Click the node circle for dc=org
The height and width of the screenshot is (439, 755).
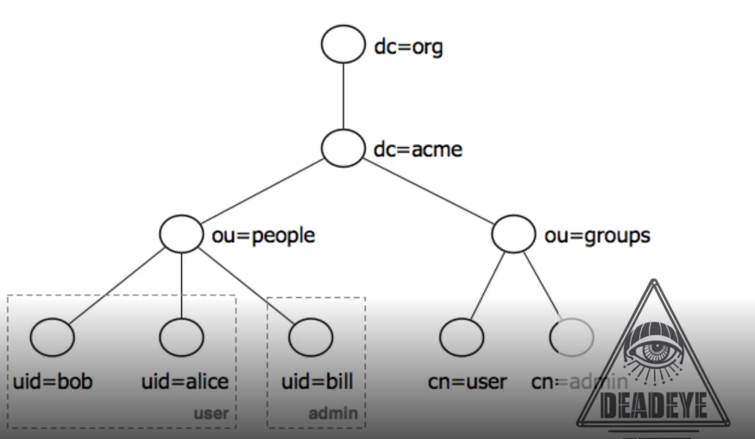[343, 46]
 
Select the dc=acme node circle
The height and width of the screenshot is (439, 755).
[343, 149]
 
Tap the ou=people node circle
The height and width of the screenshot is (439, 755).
[181, 234]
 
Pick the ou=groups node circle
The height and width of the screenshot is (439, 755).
[514, 234]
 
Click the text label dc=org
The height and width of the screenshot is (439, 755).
[407, 47]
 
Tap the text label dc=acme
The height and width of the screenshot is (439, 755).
[418, 150]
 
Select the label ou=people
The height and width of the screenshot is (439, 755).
[263, 235]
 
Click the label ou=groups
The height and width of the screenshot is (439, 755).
[597, 235]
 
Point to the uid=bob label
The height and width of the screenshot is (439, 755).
[53, 381]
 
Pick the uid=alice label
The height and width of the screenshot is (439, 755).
[185, 381]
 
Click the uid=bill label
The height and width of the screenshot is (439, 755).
[318, 381]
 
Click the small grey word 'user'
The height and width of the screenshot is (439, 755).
[211, 413]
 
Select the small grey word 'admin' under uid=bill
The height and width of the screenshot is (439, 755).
[332, 413]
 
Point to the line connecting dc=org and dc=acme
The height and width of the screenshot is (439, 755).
[343, 97]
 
